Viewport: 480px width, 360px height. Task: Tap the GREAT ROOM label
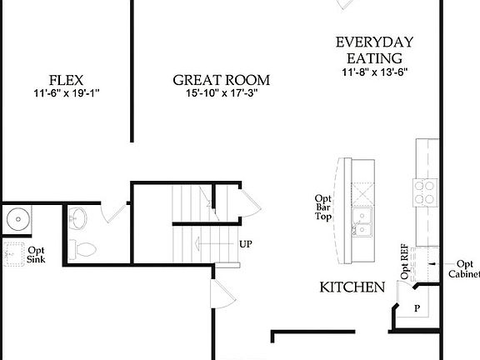221,81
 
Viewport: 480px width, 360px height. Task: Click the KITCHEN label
352,287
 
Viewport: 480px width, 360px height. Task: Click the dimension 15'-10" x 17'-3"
221,95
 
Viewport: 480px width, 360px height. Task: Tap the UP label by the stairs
246,244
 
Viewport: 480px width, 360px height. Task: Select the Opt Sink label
37,254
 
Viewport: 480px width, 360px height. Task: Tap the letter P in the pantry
417,308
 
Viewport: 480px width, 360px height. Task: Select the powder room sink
77,219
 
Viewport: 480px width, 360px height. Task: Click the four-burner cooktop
425,192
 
